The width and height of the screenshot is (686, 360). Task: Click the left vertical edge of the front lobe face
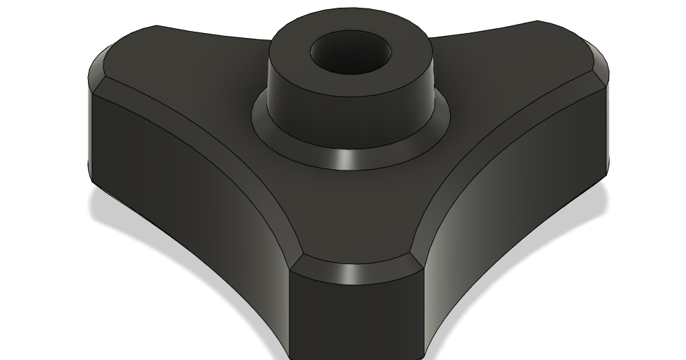click(x=290, y=310)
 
